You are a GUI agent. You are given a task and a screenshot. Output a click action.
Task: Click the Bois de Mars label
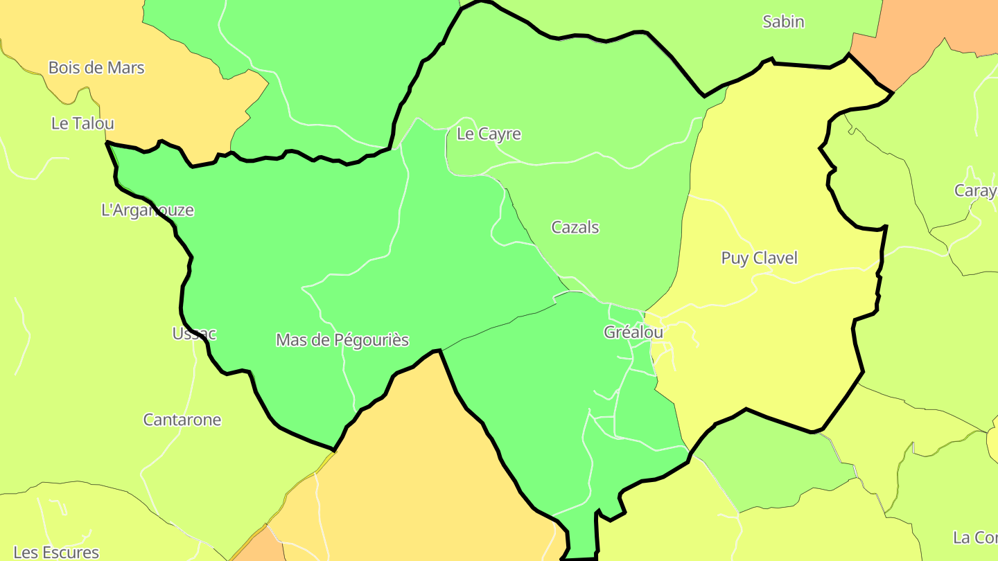96,68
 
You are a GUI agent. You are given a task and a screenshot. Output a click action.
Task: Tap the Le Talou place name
82,123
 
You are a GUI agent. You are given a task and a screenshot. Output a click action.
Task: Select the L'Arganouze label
148,210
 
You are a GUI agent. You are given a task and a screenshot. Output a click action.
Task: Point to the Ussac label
194,333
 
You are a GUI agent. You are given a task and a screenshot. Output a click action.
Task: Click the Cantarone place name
182,420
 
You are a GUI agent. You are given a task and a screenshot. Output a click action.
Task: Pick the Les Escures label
56,552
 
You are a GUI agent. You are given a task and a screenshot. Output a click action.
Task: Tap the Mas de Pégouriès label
342,340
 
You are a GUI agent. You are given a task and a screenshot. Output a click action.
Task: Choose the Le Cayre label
489,134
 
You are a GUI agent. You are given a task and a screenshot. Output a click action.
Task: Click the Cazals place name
575,227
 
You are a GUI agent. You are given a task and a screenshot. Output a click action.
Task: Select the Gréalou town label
633,332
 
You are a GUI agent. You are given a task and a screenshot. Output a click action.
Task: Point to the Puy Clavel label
760,258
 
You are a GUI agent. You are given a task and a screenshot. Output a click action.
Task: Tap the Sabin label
783,21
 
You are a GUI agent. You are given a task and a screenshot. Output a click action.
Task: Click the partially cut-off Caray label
976,190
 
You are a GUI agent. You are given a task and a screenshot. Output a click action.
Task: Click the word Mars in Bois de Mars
127,68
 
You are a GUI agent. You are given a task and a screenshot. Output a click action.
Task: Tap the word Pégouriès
373,340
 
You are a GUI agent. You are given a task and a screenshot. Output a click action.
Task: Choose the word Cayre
500,134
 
